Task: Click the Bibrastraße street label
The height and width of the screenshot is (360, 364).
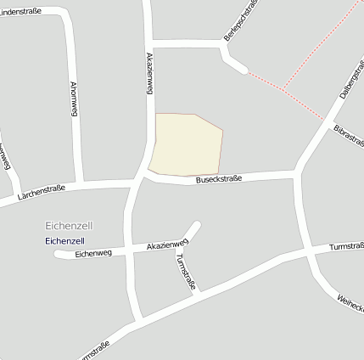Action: point(348,139)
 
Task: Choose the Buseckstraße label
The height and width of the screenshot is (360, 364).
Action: point(219,179)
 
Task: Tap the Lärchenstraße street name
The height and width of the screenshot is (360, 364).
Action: point(41,194)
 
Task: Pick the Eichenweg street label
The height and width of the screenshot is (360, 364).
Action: point(93,252)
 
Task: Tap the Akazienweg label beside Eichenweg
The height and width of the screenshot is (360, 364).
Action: point(166,245)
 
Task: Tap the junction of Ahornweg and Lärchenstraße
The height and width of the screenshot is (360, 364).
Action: point(79,183)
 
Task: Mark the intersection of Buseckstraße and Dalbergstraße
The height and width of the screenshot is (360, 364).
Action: point(297,172)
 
